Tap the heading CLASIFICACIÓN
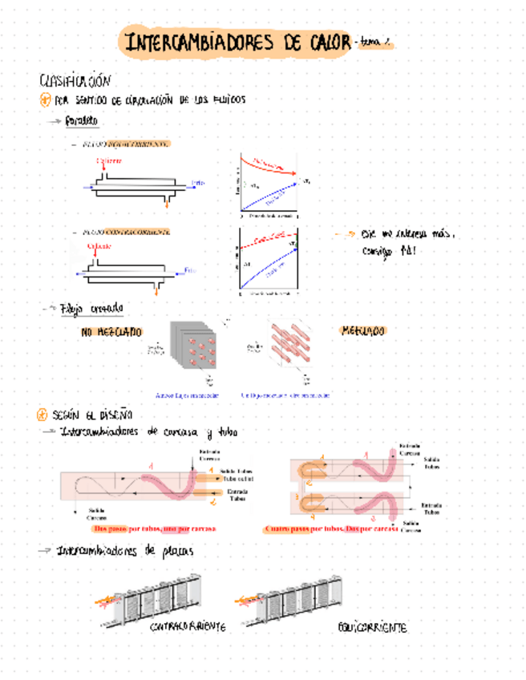73,81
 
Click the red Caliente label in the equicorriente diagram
109,160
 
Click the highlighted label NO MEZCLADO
111,331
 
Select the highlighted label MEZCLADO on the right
362,330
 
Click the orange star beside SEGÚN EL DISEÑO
43,415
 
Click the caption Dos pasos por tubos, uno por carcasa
154,529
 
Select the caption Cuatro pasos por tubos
300,529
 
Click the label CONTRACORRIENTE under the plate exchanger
188,626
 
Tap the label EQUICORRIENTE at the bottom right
371,627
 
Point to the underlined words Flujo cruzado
92,308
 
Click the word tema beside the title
370,44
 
